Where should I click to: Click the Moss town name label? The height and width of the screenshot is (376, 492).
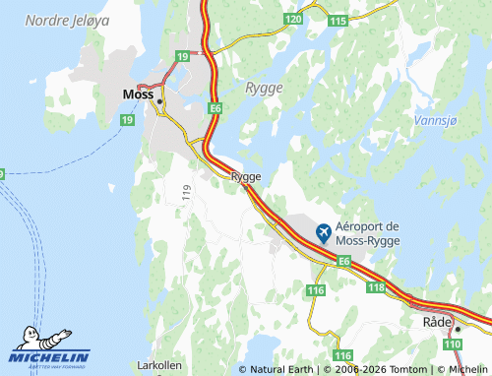(136, 95)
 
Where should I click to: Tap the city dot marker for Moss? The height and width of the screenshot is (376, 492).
(158, 99)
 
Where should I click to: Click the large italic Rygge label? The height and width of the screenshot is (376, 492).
(263, 88)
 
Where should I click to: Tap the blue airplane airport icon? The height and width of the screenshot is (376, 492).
(323, 232)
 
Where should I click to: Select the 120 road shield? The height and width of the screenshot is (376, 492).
(293, 20)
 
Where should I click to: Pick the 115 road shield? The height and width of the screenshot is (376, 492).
(338, 21)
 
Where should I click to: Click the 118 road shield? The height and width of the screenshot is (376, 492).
(375, 286)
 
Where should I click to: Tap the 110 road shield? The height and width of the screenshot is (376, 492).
(452, 343)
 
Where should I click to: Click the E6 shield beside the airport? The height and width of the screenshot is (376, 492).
(343, 261)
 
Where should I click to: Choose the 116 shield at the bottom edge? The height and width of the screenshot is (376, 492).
(341, 354)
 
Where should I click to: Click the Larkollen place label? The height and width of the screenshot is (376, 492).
(159, 365)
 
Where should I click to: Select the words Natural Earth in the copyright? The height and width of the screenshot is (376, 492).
(280, 369)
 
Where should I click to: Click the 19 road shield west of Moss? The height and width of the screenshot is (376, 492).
(126, 119)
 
